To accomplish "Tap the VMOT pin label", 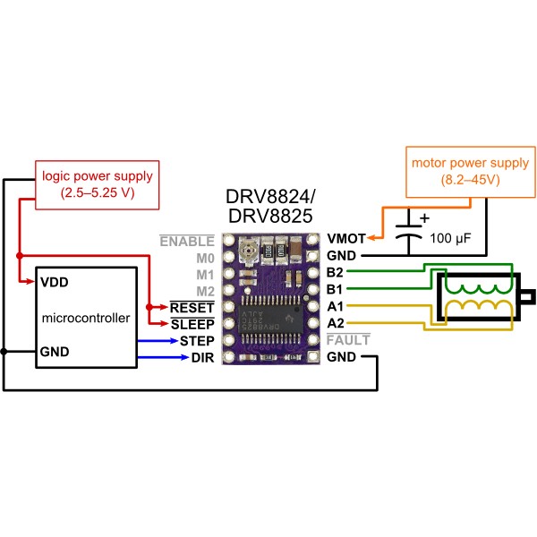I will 346,240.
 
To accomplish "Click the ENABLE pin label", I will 187,241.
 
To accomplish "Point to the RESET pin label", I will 192,308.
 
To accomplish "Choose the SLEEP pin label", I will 192,325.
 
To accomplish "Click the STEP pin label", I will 196,342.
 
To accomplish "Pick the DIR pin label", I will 201,358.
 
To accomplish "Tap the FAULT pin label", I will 348,341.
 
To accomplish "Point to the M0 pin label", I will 205,258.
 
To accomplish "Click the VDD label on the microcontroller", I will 55,281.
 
